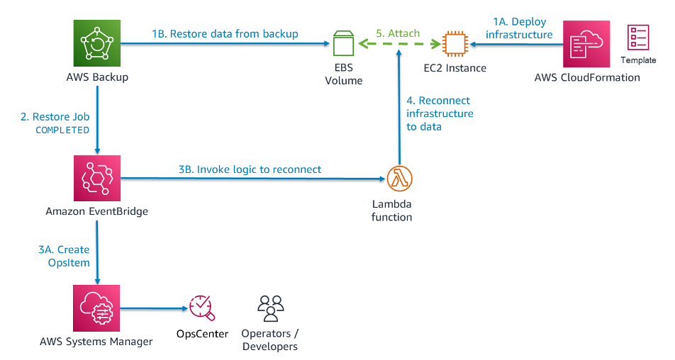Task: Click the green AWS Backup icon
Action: click(97, 43)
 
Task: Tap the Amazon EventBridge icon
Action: click(97, 178)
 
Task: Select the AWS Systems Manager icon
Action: click(96, 308)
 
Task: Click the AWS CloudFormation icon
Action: click(586, 44)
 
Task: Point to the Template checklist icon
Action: click(638, 38)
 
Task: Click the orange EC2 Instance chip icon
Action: click(455, 43)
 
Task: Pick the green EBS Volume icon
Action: click(343, 43)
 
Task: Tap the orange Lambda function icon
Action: click(399, 179)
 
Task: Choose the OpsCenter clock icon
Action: click(201, 308)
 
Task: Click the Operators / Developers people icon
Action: click(270, 308)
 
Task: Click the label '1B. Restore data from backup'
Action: click(225, 34)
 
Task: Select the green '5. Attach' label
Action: click(398, 33)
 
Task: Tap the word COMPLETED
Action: click(62, 130)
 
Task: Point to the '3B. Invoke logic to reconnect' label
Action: click(250, 169)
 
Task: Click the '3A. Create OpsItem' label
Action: click(64, 256)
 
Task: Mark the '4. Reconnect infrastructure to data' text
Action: click(440, 113)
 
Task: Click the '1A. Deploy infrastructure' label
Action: click(519, 28)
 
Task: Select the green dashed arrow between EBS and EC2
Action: click(399, 43)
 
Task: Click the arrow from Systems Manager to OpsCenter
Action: click(154, 308)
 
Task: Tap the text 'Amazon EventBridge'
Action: click(97, 211)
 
